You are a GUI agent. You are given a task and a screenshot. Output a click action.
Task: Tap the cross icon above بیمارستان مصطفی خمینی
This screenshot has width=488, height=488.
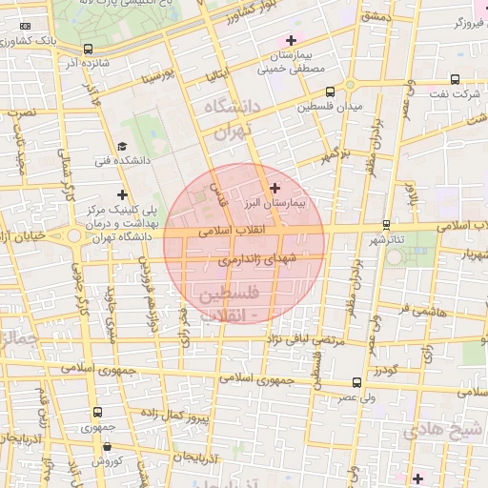pyautogui.click(x=291, y=40)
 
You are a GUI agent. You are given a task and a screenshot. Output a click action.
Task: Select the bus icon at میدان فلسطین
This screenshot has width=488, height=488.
pyautogui.click(x=330, y=92)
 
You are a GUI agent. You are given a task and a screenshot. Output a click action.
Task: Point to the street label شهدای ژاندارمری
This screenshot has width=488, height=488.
pyautogui.click(x=258, y=258)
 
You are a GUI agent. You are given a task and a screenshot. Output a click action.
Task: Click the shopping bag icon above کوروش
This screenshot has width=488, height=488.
pyautogui.click(x=100, y=447)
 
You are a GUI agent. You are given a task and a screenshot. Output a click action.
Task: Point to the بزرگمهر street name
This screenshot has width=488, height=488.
pyautogui.click(x=336, y=152)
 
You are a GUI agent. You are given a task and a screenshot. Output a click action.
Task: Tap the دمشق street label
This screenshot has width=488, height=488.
pyautogui.click(x=377, y=16)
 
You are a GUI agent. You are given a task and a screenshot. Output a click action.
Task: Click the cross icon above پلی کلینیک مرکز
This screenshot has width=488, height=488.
pyautogui.click(x=122, y=194)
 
